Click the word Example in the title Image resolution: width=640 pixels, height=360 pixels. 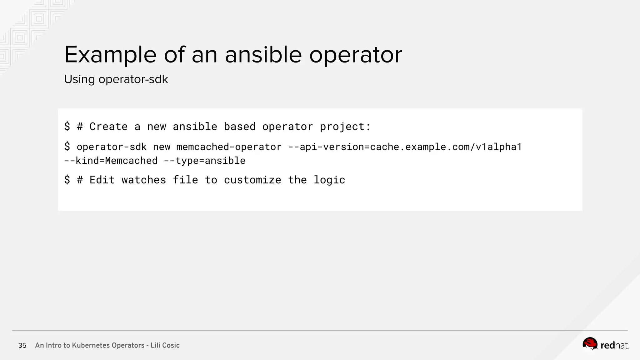click(110, 55)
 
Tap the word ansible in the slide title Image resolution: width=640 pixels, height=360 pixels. click(263, 55)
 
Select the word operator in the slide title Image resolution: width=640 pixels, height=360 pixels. click(356, 55)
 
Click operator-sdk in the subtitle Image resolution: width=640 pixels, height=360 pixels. click(133, 79)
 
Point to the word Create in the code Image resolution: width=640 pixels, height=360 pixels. click(108, 127)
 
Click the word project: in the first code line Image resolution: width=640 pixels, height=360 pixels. click(345, 127)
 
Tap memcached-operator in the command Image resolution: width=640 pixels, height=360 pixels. click(229, 147)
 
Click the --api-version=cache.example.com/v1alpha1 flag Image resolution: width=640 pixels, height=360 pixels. click(405, 147)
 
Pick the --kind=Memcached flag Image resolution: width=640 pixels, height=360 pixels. click(111, 161)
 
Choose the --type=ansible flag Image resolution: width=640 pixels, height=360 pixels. click(205, 161)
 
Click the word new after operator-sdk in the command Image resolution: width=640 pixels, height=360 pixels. click(162, 147)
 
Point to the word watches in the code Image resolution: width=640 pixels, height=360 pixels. click(144, 180)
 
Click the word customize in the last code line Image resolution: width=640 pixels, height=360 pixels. click(252, 180)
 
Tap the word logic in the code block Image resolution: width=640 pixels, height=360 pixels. click(329, 180)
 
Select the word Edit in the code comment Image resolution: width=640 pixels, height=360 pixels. click(102, 180)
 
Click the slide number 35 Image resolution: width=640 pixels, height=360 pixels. click(22, 345)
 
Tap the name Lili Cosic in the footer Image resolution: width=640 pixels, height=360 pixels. click(165, 345)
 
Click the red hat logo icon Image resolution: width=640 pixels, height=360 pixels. click(590, 344)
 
